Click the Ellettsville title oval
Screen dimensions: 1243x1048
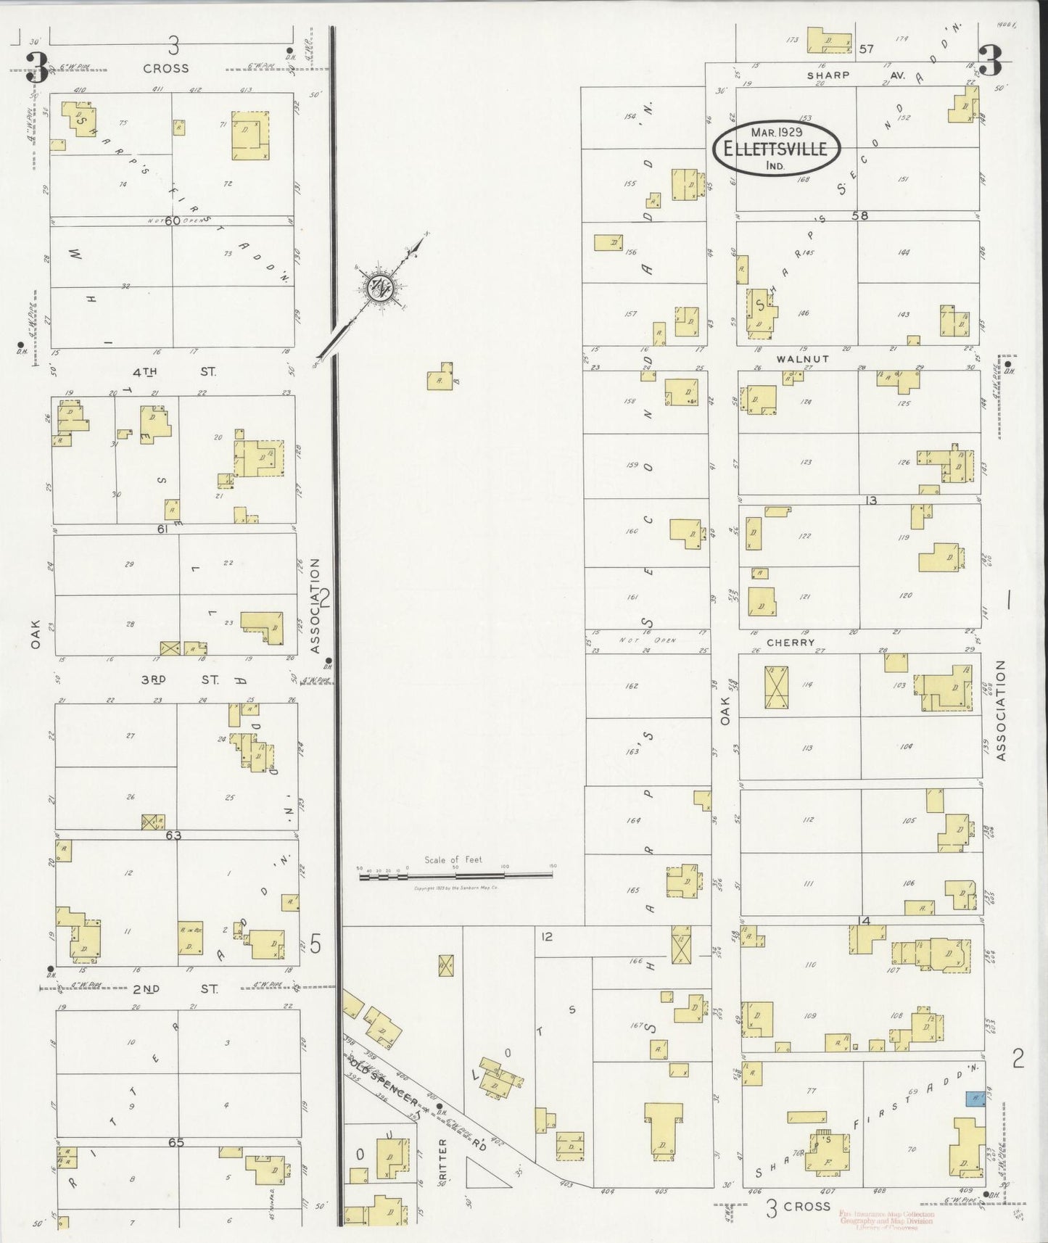[x=777, y=149]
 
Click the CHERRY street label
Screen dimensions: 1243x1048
[x=791, y=643]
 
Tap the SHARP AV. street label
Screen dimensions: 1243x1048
[x=828, y=75]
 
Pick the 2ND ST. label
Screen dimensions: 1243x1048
[x=173, y=989]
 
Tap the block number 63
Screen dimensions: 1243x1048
[x=173, y=835]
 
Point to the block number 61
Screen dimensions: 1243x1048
[x=162, y=529]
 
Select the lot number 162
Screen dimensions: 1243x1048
[x=631, y=685]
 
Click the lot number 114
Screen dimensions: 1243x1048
[x=806, y=685]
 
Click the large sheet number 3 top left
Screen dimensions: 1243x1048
[x=36, y=70]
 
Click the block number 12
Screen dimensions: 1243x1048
[x=546, y=937]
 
